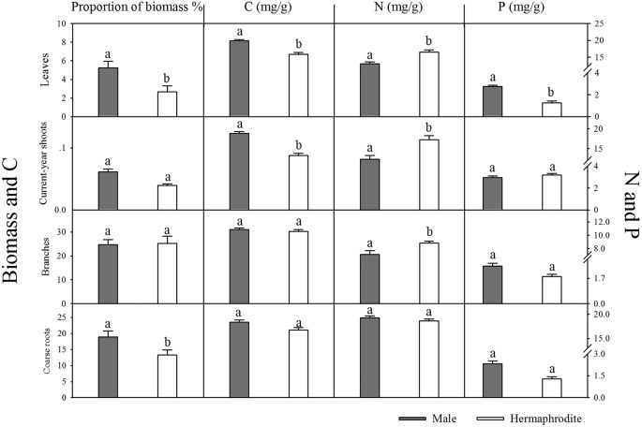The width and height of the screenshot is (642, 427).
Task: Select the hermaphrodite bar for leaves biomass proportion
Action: (x=167, y=104)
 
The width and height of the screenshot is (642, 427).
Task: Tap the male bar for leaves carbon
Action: (x=239, y=79)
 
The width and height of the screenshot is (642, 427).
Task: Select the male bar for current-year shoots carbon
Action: (x=239, y=171)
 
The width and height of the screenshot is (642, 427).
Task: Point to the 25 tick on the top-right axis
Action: (x=600, y=23)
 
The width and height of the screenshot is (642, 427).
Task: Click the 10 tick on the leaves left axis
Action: (x=62, y=23)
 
